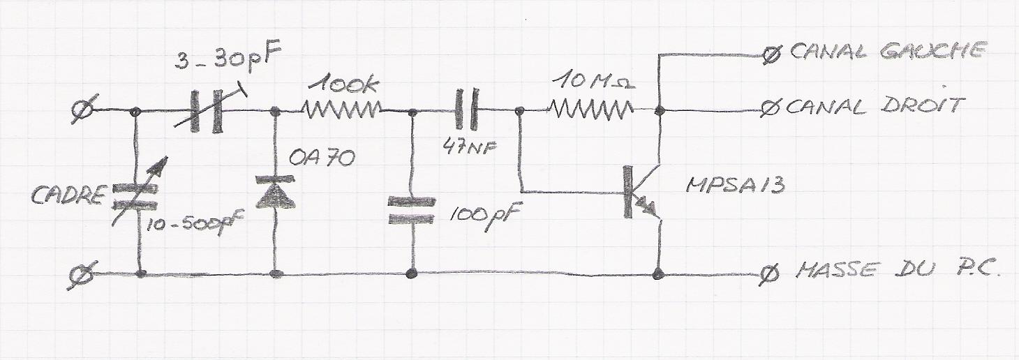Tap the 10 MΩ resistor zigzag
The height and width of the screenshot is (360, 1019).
point(591,109)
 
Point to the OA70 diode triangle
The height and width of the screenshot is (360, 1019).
point(276,192)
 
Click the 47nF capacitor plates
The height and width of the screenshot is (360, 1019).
point(467,110)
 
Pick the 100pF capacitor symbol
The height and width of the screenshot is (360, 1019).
point(412,210)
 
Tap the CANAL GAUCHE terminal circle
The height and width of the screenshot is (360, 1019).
point(771,56)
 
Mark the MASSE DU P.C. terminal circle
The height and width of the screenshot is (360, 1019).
point(770,275)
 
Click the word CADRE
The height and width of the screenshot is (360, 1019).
point(68,195)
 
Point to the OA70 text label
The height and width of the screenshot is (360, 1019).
point(322,158)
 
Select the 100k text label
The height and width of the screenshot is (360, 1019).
point(344,84)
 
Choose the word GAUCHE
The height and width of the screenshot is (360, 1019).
point(933,50)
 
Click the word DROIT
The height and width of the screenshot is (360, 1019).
point(923,105)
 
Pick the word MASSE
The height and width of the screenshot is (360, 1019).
point(835,270)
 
